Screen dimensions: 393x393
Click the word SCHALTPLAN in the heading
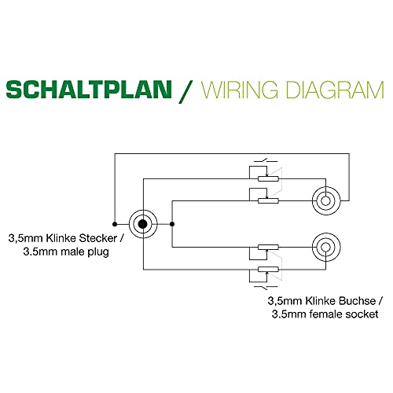pos(89,90)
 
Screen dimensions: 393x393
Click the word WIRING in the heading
pos(239,90)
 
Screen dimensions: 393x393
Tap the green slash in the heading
pos(185,91)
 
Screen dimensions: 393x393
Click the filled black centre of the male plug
pos(143,224)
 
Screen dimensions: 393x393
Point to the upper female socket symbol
pos(326,201)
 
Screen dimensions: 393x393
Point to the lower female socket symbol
pos(326,247)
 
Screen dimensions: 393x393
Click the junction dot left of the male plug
pos(115,224)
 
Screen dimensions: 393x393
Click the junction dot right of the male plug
pos(172,224)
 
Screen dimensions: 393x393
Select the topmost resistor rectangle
pos(268,179)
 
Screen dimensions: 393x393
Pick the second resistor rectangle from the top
pos(268,201)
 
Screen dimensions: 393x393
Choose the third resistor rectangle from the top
pos(268,247)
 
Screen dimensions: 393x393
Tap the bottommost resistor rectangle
pos(268,269)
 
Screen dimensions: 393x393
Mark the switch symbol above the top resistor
pos(266,160)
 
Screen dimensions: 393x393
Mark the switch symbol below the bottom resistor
pos(266,288)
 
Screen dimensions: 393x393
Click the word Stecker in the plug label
pos(98,238)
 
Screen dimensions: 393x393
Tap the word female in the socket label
pos(325,314)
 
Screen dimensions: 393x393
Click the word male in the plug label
pos(71,252)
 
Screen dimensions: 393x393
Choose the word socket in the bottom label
pos(362,314)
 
